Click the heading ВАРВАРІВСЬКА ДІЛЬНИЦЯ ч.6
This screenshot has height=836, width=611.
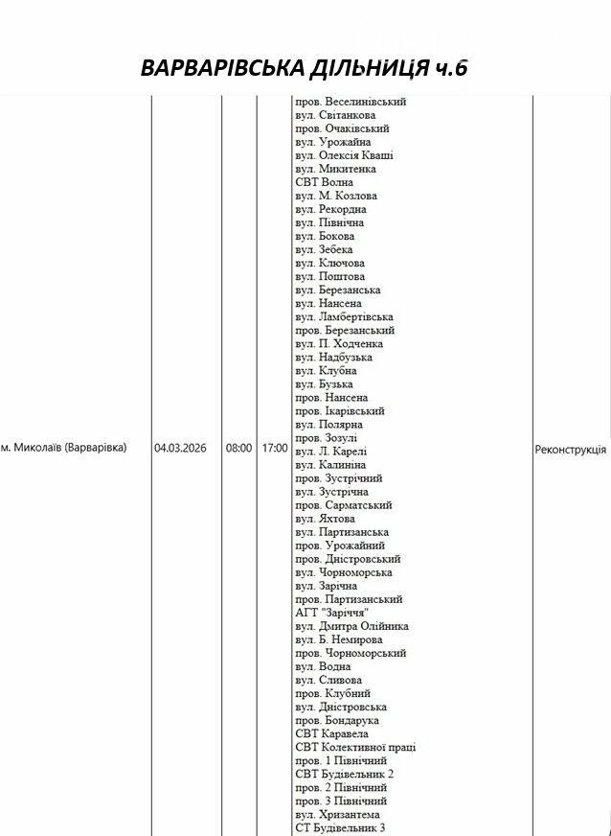[305, 68]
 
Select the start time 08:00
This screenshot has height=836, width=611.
[238, 448]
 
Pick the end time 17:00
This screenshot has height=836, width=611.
[274, 448]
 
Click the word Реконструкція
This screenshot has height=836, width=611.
[570, 449]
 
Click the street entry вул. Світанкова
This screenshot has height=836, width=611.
[335, 115]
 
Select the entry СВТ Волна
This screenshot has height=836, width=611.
[324, 182]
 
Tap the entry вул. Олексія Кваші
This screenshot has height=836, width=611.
[344, 155]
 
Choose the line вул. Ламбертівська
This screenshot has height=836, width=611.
[344, 316]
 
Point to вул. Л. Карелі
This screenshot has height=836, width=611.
[330, 451]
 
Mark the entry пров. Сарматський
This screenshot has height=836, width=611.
[343, 504]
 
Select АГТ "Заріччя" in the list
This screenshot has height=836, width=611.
[332, 613]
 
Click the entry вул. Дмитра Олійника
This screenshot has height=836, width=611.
[351, 626]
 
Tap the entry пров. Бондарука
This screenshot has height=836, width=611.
[337, 720]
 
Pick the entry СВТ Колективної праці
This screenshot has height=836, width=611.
[355, 747]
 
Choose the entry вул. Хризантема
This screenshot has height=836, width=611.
[337, 814]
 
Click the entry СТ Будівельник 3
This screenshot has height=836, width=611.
[340, 827]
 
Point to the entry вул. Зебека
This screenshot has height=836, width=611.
[324, 249]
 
